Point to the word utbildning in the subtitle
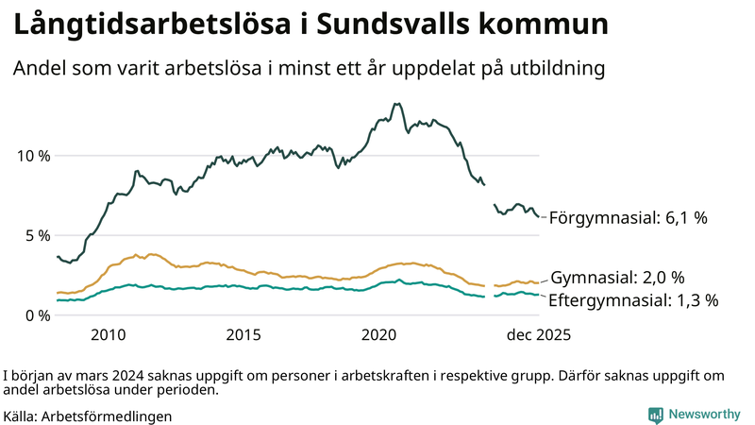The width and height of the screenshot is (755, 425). tap(551, 69)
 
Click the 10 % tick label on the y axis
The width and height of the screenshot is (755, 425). tap(32, 156)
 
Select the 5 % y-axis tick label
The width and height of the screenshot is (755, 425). tap(37, 235)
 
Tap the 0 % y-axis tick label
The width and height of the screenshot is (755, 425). tap(37, 315)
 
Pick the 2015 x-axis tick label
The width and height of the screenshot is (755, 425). tap(243, 335)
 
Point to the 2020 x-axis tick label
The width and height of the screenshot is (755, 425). tap(379, 335)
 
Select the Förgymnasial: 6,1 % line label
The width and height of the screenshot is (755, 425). tap(628, 218)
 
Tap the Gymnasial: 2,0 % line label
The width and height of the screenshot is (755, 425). tap(617, 278)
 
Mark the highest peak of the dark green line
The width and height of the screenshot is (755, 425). tap(396, 104)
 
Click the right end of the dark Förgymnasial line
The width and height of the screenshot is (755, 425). tap(539, 216)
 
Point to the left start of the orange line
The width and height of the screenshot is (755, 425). tap(58, 293)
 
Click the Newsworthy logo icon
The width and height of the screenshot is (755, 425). tap(655, 415)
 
